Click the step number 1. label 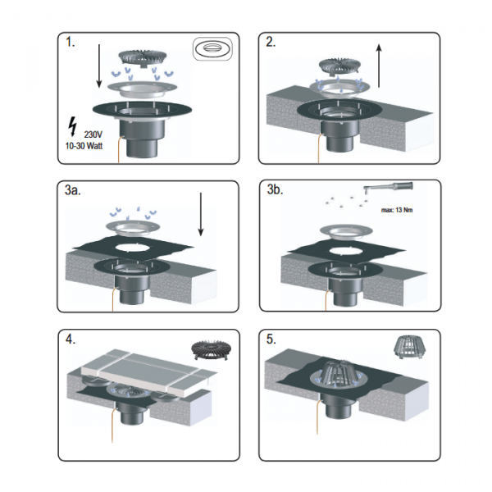(x=71, y=42)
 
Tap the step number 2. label (x=271, y=42)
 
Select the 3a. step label (x=72, y=190)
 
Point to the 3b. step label (x=275, y=189)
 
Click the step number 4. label (x=71, y=339)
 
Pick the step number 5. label (x=271, y=339)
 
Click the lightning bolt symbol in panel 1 (x=73, y=126)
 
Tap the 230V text (x=93, y=134)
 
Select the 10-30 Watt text (x=84, y=146)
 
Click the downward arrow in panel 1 (x=99, y=66)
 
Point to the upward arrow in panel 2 (x=379, y=66)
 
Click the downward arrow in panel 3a (x=201, y=214)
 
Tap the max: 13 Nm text (x=397, y=210)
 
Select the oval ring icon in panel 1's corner (x=212, y=48)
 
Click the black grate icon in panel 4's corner (x=212, y=350)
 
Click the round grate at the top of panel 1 (x=143, y=57)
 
